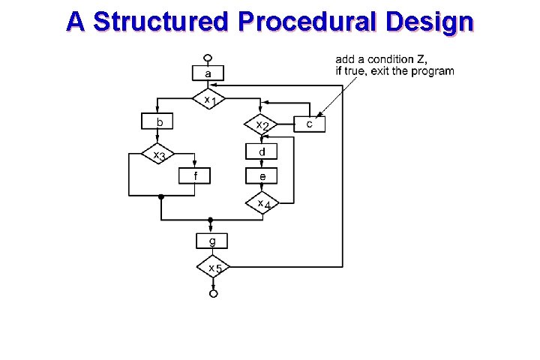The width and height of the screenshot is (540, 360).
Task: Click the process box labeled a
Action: (x=208, y=73)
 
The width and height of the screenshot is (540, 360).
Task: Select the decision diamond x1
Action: (x=210, y=99)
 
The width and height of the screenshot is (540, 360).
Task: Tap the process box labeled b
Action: (x=157, y=121)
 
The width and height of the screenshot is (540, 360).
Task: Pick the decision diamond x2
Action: (x=261, y=124)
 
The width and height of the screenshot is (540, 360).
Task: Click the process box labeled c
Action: (x=310, y=124)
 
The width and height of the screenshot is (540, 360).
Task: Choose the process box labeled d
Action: (x=262, y=151)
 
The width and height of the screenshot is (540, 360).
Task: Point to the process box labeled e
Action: (x=262, y=175)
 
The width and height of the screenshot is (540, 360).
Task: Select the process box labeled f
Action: (x=195, y=176)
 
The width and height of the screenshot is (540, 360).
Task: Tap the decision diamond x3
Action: (x=158, y=154)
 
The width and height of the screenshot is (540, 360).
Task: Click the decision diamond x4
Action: (x=262, y=202)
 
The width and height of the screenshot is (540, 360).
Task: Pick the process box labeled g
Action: (x=212, y=241)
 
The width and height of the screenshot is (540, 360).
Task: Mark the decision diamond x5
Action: (x=213, y=267)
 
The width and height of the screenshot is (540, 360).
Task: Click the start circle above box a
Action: (x=208, y=57)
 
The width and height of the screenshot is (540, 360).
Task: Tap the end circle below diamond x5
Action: (x=213, y=294)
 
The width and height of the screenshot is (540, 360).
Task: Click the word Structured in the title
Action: (x=160, y=22)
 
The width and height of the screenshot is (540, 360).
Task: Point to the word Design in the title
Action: (x=430, y=22)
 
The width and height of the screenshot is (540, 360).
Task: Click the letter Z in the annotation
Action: (x=423, y=59)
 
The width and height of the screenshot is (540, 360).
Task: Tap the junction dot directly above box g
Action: (x=211, y=220)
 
